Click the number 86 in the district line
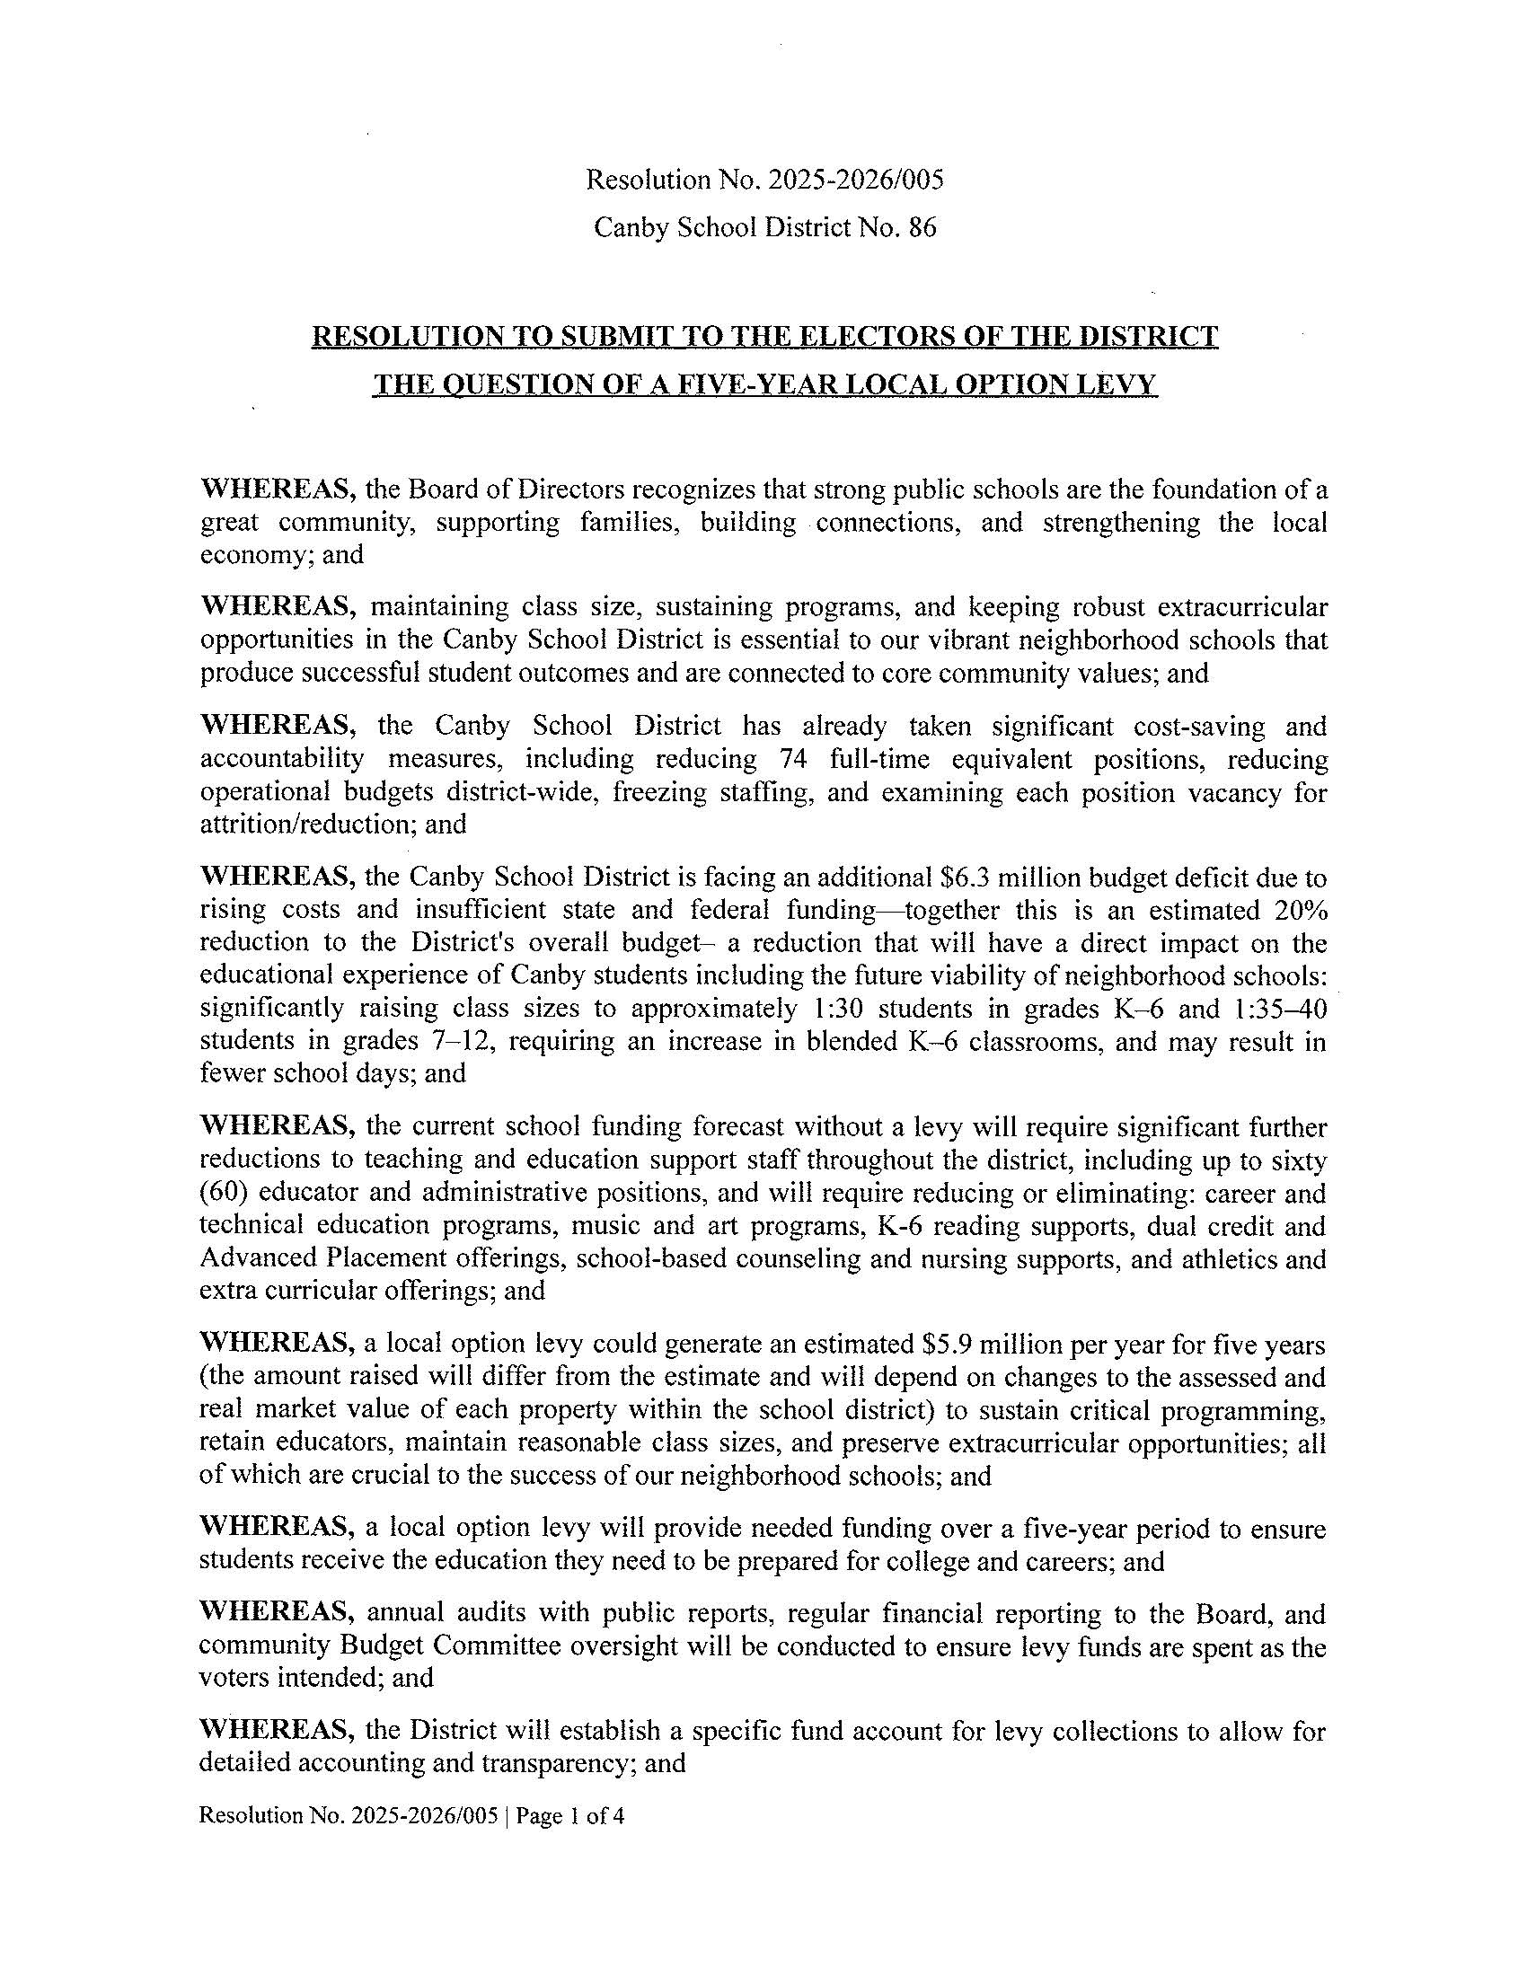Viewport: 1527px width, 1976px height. pos(922,228)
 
